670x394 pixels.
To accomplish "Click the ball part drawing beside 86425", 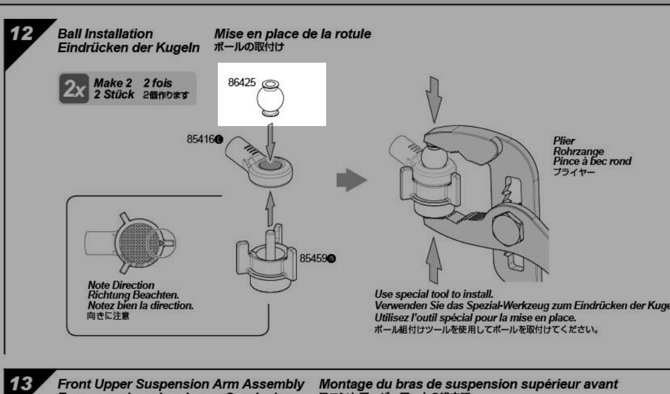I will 273,99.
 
